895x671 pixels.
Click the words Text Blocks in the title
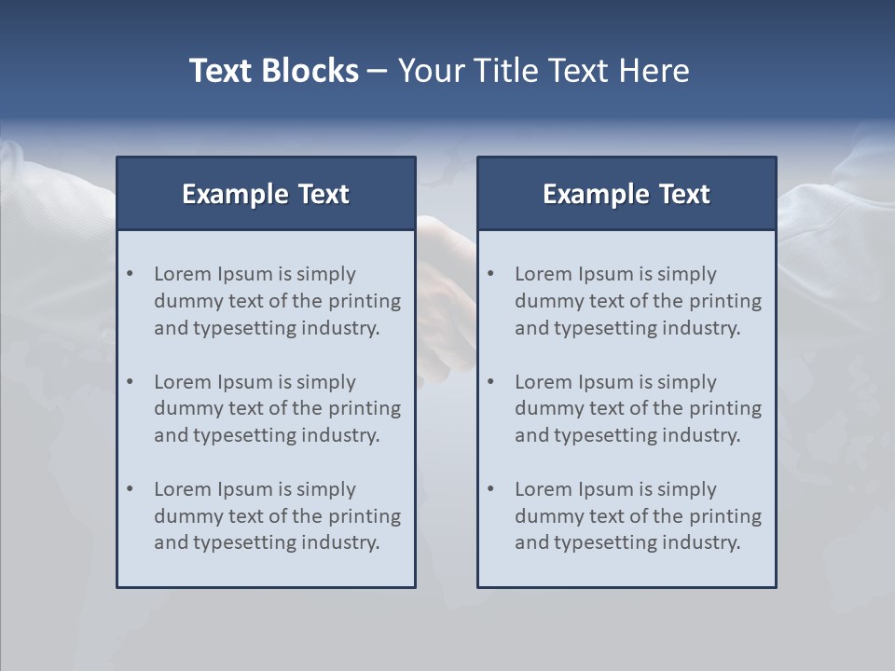click(x=273, y=71)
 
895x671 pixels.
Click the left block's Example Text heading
click(x=266, y=194)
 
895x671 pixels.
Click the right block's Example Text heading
click(x=626, y=194)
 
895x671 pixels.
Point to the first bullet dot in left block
click(x=131, y=274)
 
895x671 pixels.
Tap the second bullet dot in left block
click(x=131, y=382)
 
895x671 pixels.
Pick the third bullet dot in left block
click(x=131, y=489)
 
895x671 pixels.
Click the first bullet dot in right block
click(x=491, y=274)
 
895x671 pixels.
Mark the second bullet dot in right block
click(x=491, y=382)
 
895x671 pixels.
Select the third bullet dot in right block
click(x=491, y=489)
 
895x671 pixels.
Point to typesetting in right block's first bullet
click(x=606, y=328)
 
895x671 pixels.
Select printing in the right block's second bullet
click(x=726, y=408)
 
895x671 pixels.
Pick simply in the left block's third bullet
click(x=326, y=489)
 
